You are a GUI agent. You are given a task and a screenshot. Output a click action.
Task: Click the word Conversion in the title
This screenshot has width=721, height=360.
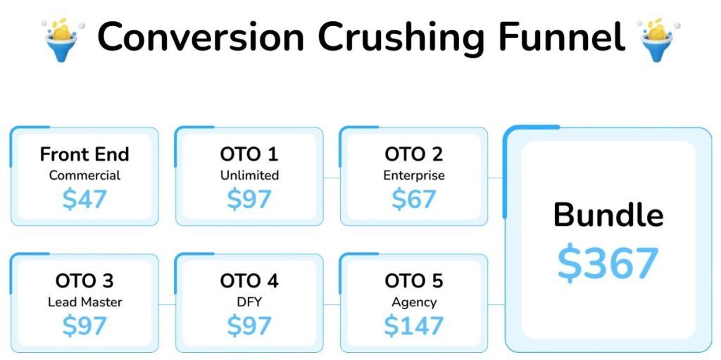(201, 37)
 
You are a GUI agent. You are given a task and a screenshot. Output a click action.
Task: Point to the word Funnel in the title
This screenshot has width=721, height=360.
(560, 37)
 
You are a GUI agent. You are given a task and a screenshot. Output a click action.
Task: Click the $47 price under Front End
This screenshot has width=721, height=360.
(84, 199)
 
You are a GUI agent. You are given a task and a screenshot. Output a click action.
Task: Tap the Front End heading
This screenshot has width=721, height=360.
(84, 154)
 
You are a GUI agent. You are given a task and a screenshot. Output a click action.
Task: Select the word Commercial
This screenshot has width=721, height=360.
(84, 175)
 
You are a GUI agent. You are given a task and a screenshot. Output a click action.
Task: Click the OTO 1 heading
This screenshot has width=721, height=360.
(249, 154)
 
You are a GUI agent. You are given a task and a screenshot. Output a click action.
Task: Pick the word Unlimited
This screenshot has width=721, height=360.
(249, 175)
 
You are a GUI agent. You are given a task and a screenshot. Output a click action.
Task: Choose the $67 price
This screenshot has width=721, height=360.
(414, 199)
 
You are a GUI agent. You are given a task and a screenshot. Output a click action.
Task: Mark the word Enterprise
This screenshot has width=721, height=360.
(414, 176)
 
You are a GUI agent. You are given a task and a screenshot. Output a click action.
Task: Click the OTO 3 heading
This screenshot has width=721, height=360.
(84, 281)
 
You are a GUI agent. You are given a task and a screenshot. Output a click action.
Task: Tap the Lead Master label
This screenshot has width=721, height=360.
(84, 302)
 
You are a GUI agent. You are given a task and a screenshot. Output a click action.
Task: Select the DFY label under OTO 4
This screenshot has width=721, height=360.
(249, 302)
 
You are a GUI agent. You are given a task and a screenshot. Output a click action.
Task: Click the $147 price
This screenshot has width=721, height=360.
(414, 326)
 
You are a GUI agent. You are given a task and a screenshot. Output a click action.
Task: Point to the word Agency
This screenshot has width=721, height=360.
(414, 303)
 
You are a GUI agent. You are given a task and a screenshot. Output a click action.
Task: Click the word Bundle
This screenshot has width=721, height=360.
(608, 215)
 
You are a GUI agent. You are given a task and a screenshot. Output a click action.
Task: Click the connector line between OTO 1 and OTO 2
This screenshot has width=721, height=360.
(332, 178)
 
